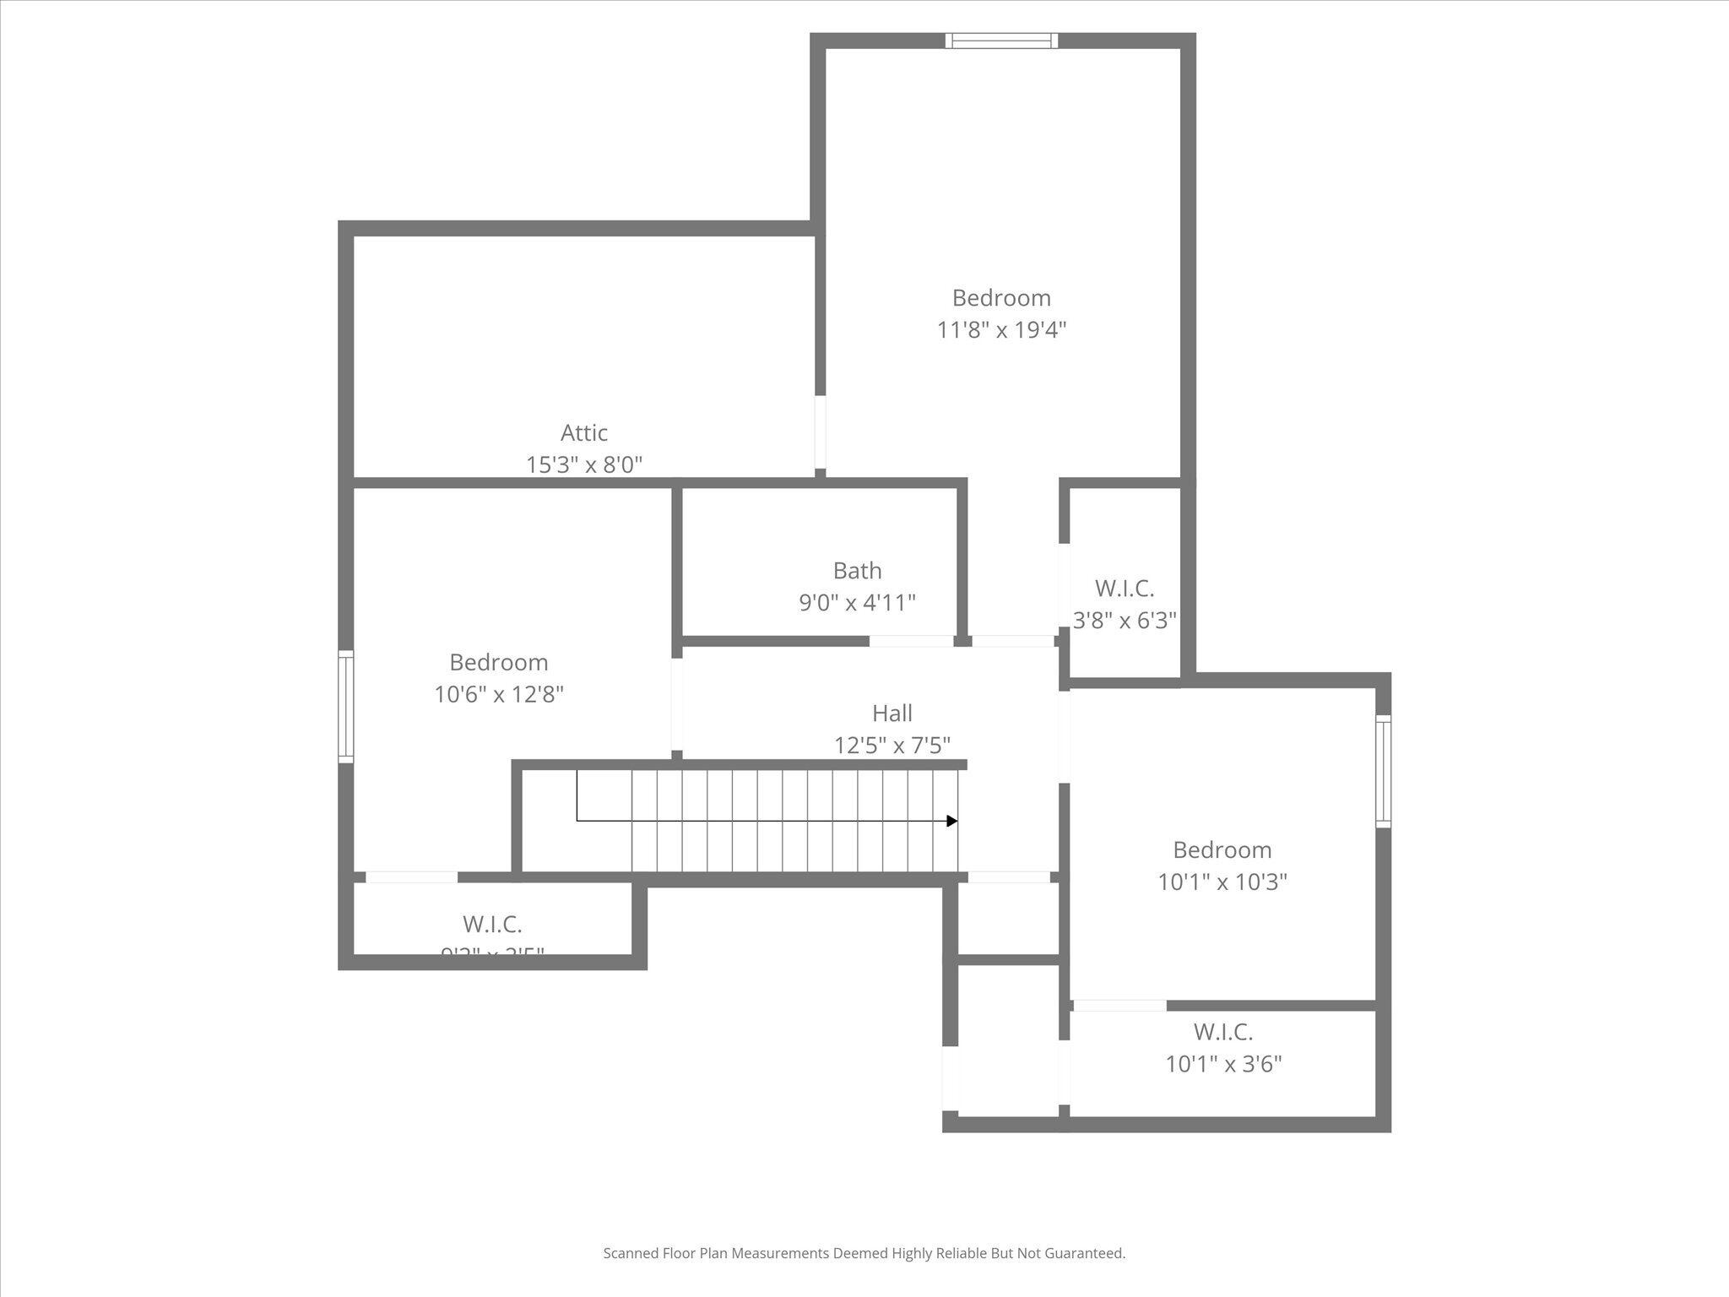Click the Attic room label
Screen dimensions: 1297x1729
point(583,433)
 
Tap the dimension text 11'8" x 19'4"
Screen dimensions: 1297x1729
point(1001,330)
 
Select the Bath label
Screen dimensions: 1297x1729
point(857,571)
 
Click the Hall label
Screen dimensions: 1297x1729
point(892,714)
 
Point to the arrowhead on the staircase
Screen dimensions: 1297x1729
point(951,821)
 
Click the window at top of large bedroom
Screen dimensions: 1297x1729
point(1001,41)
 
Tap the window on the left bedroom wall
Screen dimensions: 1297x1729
point(345,706)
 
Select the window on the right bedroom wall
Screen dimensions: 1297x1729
point(1383,771)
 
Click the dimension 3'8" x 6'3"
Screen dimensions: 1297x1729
point(1125,621)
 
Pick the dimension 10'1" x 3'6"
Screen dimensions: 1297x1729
point(1223,1064)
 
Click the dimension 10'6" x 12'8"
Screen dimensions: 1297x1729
point(499,695)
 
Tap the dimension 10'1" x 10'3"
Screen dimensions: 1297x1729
point(1222,882)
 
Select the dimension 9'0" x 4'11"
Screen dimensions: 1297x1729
point(857,603)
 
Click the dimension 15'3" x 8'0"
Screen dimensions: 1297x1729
point(584,465)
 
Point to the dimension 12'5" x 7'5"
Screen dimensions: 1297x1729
point(892,746)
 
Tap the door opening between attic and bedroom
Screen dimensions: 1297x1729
point(820,431)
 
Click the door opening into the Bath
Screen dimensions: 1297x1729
point(911,641)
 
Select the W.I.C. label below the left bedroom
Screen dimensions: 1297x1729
point(492,925)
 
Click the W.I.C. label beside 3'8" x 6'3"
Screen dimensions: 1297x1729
point(1125,589)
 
